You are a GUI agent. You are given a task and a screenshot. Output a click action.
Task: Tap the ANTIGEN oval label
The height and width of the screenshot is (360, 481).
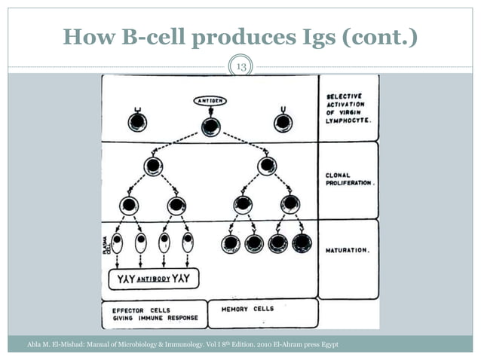pos(210,100)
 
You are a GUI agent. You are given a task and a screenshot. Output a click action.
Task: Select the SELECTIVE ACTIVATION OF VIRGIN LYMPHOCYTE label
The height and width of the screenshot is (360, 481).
pos(348,108)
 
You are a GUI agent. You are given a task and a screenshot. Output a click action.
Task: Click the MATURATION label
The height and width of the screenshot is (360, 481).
pos(347,250)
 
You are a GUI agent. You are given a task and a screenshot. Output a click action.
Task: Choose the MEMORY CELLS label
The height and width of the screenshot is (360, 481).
pos(247,309)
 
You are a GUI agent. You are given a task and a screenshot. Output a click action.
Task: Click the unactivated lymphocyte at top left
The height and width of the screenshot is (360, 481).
pos(137,122)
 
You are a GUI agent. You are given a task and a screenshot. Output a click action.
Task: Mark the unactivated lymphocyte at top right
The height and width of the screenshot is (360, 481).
pos(283,123)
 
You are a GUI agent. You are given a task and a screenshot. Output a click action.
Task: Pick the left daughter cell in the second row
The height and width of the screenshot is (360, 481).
pos(153,166)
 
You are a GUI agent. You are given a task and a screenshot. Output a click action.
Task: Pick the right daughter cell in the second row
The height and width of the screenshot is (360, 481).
pos(266,166)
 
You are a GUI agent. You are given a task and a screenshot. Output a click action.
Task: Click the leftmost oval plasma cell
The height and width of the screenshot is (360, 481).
pos(117,243)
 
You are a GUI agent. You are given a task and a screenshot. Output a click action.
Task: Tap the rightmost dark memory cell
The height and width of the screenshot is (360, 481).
pos(301,243)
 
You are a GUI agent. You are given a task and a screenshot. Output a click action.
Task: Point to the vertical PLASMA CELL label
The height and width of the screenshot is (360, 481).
pos(106,243)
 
